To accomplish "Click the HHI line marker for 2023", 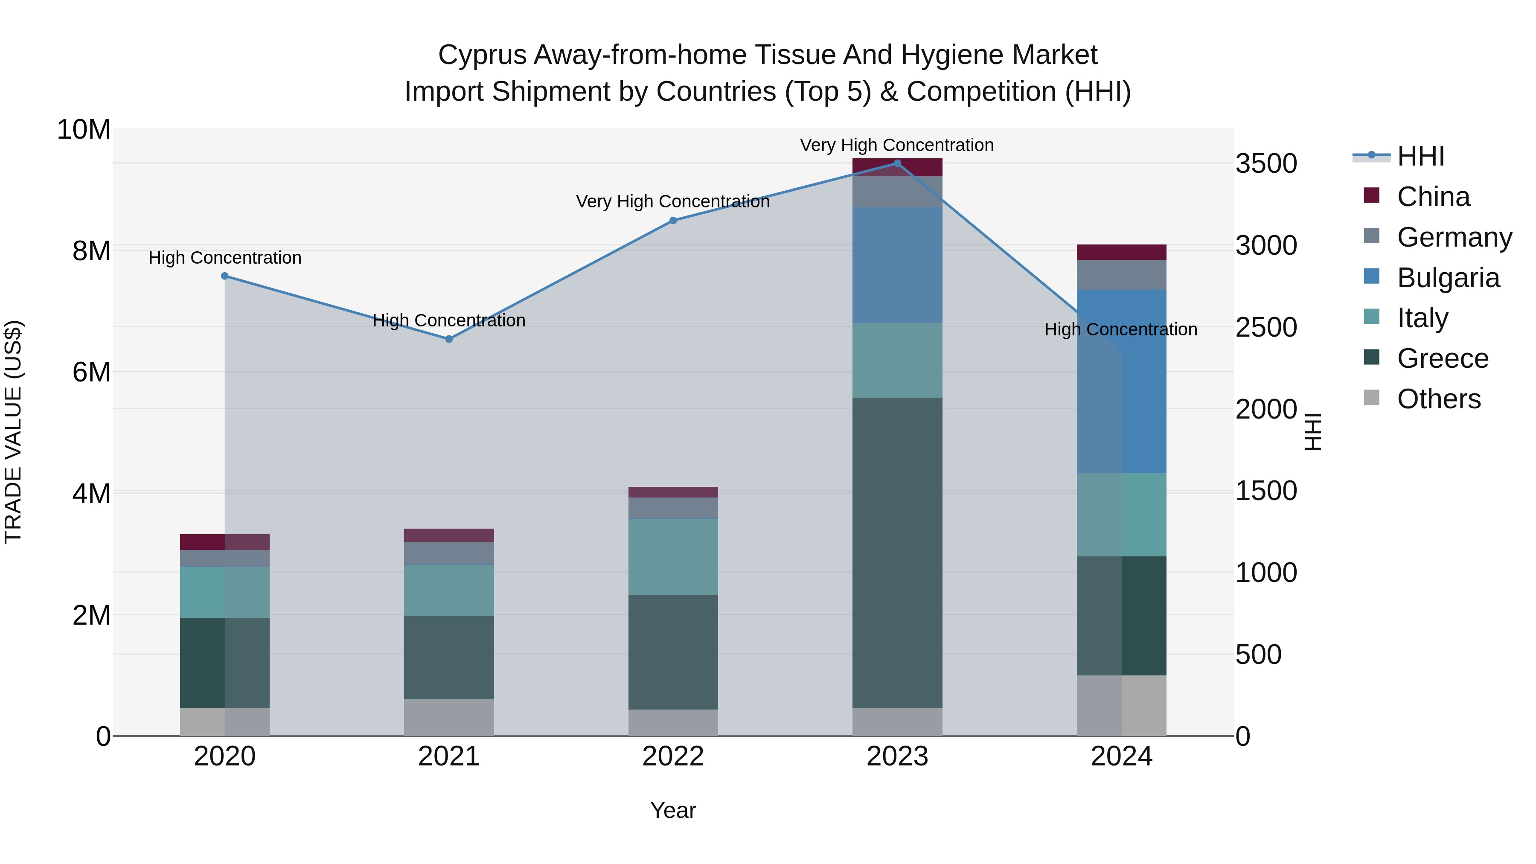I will [897, 163].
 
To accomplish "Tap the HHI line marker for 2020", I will [225, 276].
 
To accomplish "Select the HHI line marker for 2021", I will [449, 339].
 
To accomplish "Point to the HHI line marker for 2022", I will [673, 221].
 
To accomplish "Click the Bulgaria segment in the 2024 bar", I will [1121, 381].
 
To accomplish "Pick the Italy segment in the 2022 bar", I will [673, 556].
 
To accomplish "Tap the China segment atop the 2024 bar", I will [1121, 252].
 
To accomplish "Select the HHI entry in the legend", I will [1420, 156].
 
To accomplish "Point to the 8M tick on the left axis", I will [91, 251].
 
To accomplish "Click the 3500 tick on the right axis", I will [1266, 164].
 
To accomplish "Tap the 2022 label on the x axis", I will [673, 756].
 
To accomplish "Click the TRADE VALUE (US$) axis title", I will [14, 432].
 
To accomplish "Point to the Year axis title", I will [673, 810].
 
